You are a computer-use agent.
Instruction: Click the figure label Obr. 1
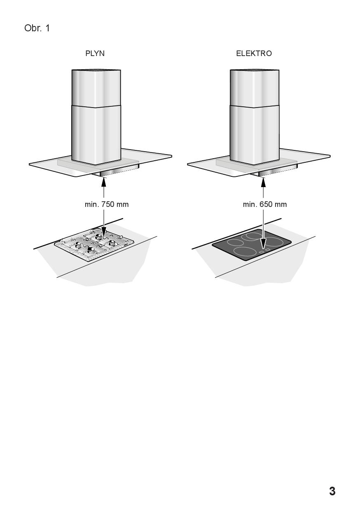point(37,28)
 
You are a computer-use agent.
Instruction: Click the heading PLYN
point(95,54)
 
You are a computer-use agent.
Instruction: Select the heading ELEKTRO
point(254,54)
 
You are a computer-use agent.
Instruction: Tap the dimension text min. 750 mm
point(107,204)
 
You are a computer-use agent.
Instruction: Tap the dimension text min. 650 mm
point(265,204)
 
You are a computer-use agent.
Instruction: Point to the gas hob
point(94,245)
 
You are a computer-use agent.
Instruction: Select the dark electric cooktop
point(252,245)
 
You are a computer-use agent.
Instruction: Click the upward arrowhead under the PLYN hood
point(104,182)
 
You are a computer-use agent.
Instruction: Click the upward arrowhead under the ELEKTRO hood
point(263,182)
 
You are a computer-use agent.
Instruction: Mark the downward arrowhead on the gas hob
point(104,232)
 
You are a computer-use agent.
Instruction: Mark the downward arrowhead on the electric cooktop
point(263,244)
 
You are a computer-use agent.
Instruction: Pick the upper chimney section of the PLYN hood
point(96,88)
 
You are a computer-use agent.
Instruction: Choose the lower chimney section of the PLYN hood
point(96,135)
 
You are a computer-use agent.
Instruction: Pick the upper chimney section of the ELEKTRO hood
point(255,88)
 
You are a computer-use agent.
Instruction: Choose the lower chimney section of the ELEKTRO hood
point(255,135)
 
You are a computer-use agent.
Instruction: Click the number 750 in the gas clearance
point(108,204)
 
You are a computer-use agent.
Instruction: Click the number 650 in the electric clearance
point(266,204)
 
